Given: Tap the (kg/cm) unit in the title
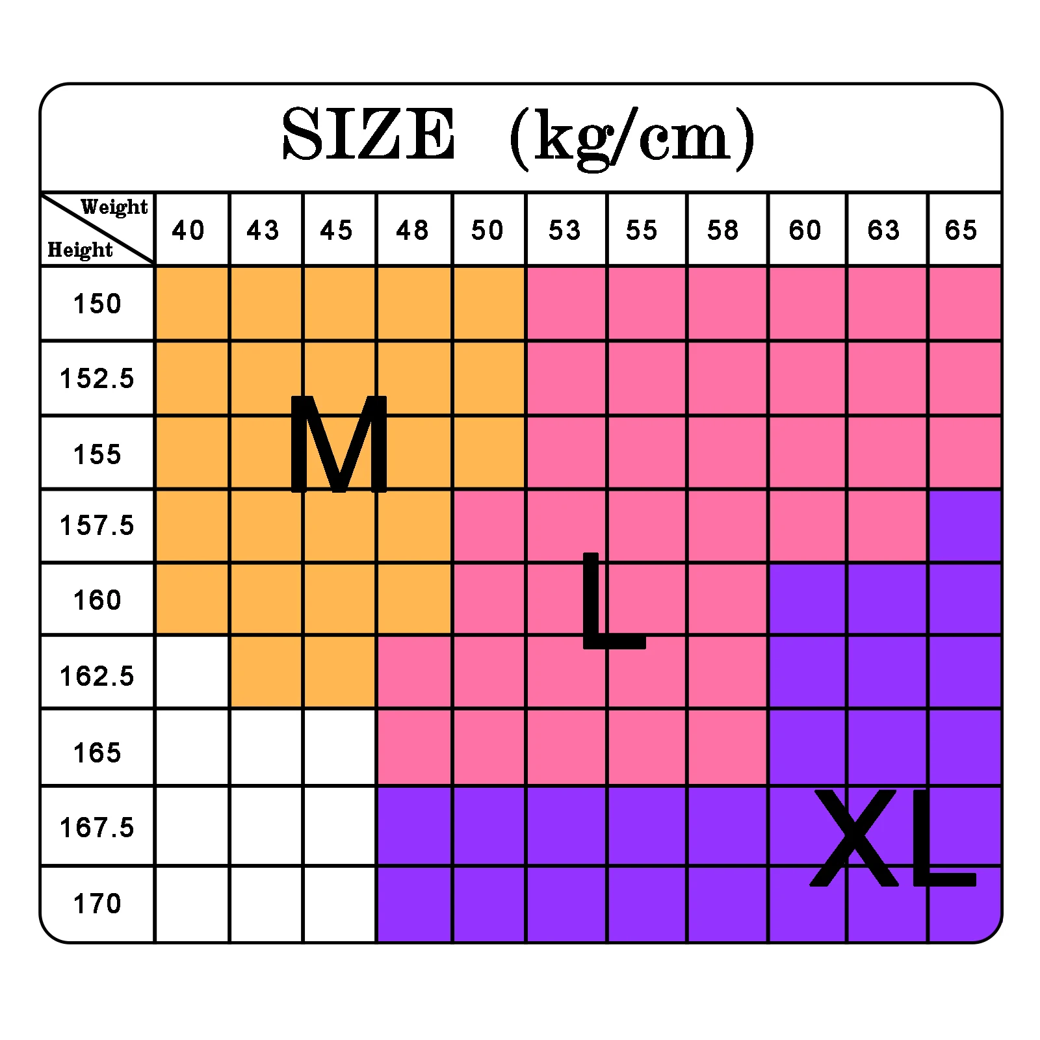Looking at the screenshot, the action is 632,138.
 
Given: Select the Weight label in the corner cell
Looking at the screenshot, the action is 114,207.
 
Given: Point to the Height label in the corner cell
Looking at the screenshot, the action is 80,250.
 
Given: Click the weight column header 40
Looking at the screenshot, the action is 188,230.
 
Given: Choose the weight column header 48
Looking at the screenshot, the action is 413,230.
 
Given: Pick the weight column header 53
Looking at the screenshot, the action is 565,230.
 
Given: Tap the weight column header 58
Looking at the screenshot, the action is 723,230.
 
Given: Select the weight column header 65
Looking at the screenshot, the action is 961,230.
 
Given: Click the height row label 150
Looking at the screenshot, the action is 97,304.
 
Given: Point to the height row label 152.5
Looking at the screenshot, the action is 97,378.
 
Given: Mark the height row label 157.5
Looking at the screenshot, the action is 97,525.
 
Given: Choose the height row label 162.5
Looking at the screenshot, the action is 97,676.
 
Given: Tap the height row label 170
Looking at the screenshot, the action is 97,903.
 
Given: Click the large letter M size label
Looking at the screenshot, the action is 339,444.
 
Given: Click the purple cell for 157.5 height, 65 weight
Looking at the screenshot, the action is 965,526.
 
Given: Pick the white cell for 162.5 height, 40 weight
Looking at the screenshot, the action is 192,671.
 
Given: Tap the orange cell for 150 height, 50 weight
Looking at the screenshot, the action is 489,303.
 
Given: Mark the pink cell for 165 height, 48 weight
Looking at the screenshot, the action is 415,747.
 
